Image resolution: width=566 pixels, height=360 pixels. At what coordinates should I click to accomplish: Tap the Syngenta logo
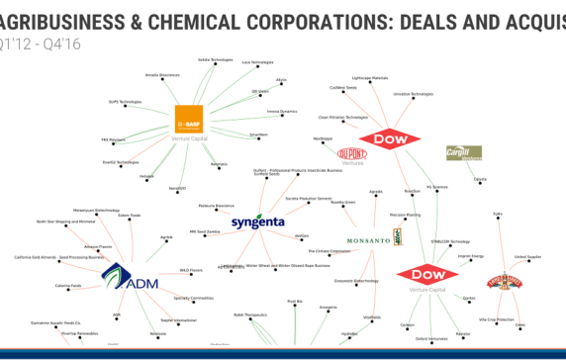258,224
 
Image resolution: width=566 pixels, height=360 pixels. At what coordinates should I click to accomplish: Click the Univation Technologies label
414,94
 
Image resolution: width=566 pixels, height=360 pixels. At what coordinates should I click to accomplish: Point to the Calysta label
480,179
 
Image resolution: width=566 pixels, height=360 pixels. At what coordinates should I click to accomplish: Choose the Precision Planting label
406,214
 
